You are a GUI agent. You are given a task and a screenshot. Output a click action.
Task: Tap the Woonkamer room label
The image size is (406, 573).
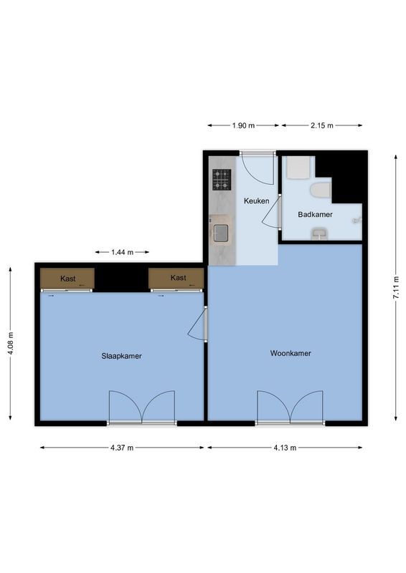(290, 353)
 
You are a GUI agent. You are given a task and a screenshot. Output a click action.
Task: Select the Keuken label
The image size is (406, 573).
(256, 201)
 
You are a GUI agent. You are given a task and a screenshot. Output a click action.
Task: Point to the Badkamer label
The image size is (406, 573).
(315, 214)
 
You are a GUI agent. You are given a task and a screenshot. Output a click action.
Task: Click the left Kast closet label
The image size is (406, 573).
(68, 278)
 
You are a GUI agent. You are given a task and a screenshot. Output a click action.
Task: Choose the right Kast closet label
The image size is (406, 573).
(178, 278)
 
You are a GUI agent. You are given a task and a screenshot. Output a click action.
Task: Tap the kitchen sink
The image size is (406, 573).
(221, 233)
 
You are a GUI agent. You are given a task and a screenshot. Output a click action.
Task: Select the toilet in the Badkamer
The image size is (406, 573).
(320, 191)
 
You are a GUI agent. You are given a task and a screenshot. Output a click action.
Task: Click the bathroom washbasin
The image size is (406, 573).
(319, 233)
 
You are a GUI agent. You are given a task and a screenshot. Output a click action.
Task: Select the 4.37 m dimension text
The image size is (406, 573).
(122, 448)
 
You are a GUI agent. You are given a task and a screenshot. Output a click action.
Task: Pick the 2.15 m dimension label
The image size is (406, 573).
(321, 125)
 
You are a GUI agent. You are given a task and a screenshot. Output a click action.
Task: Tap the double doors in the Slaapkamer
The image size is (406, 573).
(142, 408)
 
